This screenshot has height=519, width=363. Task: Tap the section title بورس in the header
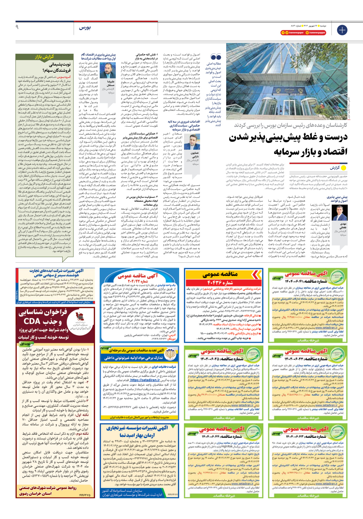(85, 28)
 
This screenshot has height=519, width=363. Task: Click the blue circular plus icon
(342, 30)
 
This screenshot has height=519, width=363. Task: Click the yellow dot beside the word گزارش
(344, 168)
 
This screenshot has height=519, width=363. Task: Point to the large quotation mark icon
(216, 57)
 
